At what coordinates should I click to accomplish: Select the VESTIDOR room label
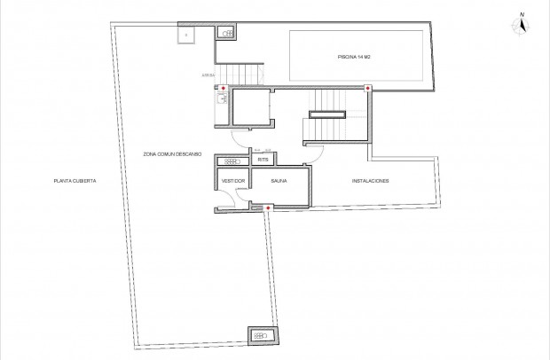pyautogui.click(x=232, y=181)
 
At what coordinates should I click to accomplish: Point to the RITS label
pyautogui.click(x=263, y=161)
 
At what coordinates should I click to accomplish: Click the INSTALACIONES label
pyautogui.click(x=370, y=181)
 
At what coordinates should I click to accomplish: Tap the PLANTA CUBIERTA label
pyautogui.click(x=75, y=181)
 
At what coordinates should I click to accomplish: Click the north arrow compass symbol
pyautogui.click(x=522, y=27)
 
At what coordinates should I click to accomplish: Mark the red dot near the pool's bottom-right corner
pyautogui.click(x=367, y=88)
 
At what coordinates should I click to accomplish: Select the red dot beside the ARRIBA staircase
pyautogui.click(x=222, y=88)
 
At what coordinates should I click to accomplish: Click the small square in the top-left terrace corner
pyautogui.click(x=186, y=35)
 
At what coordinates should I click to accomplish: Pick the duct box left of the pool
pyautogui.click(x=227, y=33)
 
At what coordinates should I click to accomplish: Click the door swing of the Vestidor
pyautogui.click(x=227, y=201)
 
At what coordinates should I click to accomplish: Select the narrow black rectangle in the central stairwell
pyautogui.click(x=326, y=113)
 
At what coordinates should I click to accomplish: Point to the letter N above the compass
pyautogui.click(x=522, y=14)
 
